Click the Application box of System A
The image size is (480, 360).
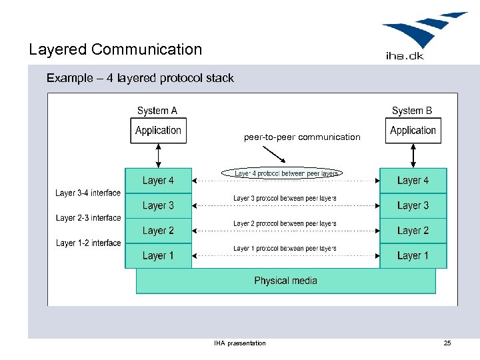coord(158,131)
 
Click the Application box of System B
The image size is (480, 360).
coord(413,131)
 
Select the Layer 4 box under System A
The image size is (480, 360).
coord(158,181)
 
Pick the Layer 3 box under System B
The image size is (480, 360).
coord(413,206)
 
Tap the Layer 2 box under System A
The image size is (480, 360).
coord(158,231)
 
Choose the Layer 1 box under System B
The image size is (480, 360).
coord(413,255)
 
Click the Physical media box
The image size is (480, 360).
coord(285,281)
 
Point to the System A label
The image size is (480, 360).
coord(157,111)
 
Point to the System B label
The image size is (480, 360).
coord(412,111)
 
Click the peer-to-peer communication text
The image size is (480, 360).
coord(302,137)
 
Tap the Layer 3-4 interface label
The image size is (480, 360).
coord(88,193)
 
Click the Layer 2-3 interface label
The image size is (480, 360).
coord(88,218)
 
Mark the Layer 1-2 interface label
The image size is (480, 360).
coord(88,243)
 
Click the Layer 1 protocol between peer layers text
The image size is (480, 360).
coord(285,249)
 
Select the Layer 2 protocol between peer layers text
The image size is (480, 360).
coord(285,223)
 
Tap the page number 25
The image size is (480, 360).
coord(447,343)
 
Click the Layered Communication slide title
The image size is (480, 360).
coord(115,49)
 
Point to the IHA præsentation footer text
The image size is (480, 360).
coord(240,343)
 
